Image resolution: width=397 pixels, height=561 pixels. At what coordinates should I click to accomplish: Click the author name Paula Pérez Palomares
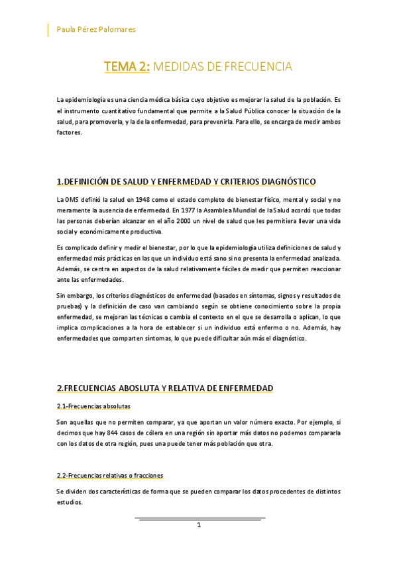pos(97,30)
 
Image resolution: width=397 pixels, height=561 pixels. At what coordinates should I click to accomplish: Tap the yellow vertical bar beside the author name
pos(48,30)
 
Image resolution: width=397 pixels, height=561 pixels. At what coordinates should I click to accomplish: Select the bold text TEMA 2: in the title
pos(127,67)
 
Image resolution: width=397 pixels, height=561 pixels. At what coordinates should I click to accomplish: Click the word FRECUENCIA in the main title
pos(256,67)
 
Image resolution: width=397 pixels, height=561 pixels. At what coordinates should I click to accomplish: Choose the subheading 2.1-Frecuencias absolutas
pos(93,406)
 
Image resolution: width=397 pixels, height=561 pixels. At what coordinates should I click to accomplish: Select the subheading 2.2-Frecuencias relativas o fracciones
pos(110,475)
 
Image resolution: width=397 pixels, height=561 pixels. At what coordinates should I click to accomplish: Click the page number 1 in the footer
pos(199,525)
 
